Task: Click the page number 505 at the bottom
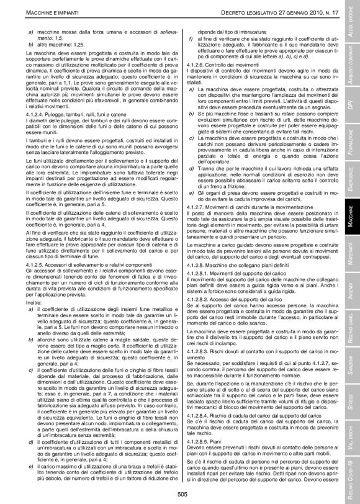[182, 493]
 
